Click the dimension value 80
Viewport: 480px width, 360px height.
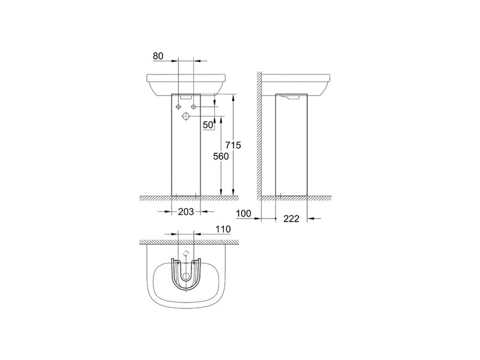(x=158, y=56)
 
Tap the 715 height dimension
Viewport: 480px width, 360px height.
(x=233, y=145)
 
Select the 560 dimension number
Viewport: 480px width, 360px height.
(x=221, y=157)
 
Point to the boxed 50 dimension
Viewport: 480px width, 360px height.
(x=208, y=125)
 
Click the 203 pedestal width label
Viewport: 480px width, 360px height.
(x=186, y=212)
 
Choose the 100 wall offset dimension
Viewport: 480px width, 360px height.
(x=244, y=214)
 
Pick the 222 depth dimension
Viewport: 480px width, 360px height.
(x=291, y=218)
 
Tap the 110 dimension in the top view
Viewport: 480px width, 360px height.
(x=223, y=229)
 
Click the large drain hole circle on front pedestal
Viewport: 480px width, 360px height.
(x=186, y=116)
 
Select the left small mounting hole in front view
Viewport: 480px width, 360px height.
(x=178, y=107)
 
